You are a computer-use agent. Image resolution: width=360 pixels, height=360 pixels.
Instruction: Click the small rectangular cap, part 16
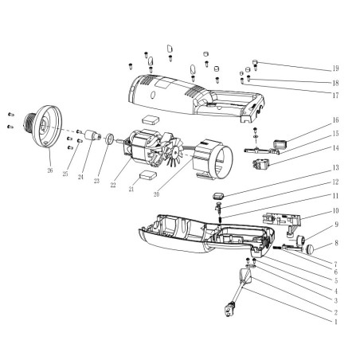(279, 144)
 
